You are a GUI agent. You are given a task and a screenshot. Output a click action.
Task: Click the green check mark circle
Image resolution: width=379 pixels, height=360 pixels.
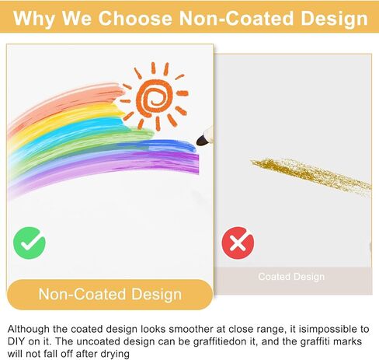tap(30, 243)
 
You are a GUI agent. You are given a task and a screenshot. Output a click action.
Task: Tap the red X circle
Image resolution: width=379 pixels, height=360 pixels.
tap(238, 243)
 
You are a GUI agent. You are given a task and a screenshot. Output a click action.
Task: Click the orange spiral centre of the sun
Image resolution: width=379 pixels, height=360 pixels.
tap(155, 98)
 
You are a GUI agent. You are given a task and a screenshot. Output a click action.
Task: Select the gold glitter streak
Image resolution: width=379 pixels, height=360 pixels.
tap(311, 173)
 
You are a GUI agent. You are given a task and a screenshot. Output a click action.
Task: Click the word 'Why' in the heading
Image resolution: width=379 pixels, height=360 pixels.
tap(33, 19)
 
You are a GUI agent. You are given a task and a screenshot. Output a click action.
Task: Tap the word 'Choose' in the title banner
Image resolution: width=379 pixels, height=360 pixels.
tap(135, 18)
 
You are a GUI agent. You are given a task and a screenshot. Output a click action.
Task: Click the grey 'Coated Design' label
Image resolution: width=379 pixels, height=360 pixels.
tap(291, 277)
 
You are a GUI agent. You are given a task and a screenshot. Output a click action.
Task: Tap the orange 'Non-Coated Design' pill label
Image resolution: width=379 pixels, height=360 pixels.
tap(110, 295)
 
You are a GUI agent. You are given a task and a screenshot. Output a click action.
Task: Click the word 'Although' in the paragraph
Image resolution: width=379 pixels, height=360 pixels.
tap(29, 329)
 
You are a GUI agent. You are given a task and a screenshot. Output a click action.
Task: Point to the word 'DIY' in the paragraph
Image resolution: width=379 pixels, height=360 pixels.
tap(16, 341)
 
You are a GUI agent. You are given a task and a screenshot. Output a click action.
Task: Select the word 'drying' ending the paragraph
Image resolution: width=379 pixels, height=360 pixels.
tap(115, 354)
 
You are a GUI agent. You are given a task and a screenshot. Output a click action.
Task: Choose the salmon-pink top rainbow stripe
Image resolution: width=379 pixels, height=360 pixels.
tap(64, 103)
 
